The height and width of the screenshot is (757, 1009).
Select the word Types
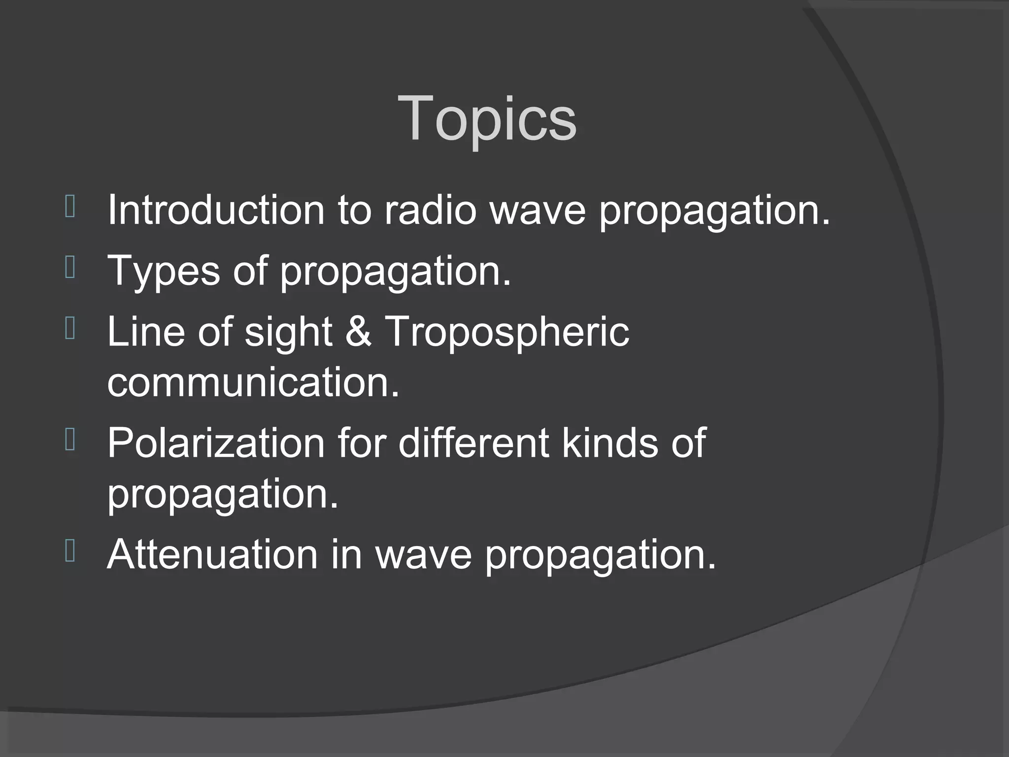(163, 271)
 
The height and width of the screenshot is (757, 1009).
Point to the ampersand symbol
(358, 332)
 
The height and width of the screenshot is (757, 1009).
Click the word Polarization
(216, 443)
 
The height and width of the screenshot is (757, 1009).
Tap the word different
(473, 443)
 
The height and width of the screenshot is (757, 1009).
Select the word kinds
(610, 443)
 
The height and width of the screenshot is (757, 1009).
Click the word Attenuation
(212, 554)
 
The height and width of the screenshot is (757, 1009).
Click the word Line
(146, 332)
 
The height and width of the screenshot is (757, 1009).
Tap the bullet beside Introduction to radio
(70, 206)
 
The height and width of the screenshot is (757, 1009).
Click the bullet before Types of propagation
(70, 268)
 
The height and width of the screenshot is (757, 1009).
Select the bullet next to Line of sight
(70, 329)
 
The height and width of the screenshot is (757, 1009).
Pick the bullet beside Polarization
(70, 440)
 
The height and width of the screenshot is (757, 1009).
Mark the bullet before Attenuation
(70, 551)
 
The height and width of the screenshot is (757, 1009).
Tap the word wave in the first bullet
(537, 211)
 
